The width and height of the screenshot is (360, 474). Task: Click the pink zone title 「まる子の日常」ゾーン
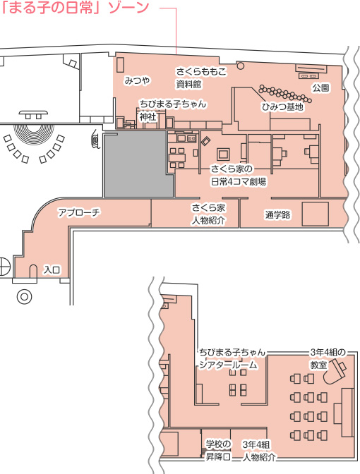[x=75, y=8]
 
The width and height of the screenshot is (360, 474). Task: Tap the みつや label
[x=138, y=80]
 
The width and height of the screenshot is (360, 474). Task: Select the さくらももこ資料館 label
[x=201, y=78]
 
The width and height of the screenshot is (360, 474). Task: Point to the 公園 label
[x=320, y=88]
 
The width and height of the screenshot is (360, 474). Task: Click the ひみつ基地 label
[x=282, y=107]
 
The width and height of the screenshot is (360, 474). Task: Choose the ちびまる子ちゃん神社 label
[x=173, y=110]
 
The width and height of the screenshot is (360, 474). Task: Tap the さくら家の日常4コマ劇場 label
[x=239, y=176]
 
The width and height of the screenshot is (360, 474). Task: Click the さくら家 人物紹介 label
[x=208, y=214]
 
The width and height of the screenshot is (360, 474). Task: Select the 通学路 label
[x=277, y=215]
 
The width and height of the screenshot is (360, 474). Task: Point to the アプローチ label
[x=79, y=212]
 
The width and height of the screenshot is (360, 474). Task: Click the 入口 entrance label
[x=52, y=269]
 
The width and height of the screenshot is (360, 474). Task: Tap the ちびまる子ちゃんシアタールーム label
[x=232, y=358]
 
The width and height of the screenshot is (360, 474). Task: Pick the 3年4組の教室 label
[x=328, y=358]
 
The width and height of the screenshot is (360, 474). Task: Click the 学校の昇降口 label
[x=218, y=450]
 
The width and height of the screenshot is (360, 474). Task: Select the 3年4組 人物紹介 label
[x=259, y=451]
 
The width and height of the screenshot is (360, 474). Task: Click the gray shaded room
[x=138, y=164]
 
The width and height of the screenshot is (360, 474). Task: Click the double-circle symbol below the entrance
[x=24, y=296]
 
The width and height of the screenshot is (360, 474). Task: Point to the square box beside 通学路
[x=316, y=214]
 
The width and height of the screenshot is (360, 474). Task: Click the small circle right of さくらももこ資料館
[x=240, y=66]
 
